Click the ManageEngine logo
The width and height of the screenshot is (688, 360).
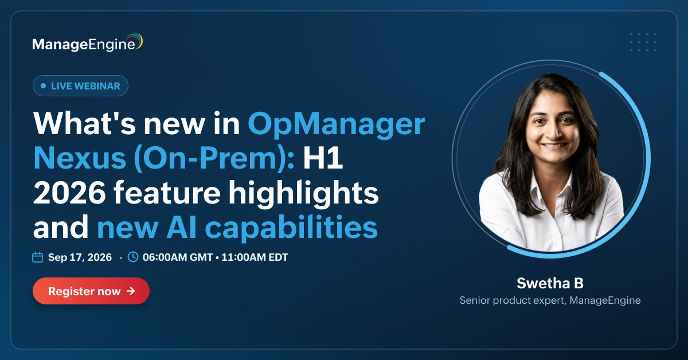click(88, 42)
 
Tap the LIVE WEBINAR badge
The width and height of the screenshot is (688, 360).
click(80, 85)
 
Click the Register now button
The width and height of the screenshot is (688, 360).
click(91, 291)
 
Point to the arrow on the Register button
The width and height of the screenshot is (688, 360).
click(131, 291)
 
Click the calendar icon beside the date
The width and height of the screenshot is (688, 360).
click(37, 257)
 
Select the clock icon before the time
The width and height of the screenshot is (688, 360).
click(133, 257)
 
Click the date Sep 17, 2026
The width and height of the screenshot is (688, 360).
click(80, 257)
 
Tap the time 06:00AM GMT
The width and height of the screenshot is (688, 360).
click(178, 257)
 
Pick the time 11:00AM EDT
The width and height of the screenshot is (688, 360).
click(255, 257)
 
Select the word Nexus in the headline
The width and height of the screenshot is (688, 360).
click(80, 158)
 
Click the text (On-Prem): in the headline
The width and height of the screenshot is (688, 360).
click(214, 159)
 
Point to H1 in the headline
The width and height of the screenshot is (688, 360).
click(323, 158)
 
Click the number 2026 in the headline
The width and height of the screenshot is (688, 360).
click(69, 193)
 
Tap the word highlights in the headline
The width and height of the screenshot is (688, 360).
click(303, 194)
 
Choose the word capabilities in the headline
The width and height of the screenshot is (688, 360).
click(291, 228)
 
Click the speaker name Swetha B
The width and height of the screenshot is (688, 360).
click(550, 283)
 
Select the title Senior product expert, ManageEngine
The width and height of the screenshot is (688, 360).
click(550, 300)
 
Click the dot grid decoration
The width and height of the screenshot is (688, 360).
click(643, 42)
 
